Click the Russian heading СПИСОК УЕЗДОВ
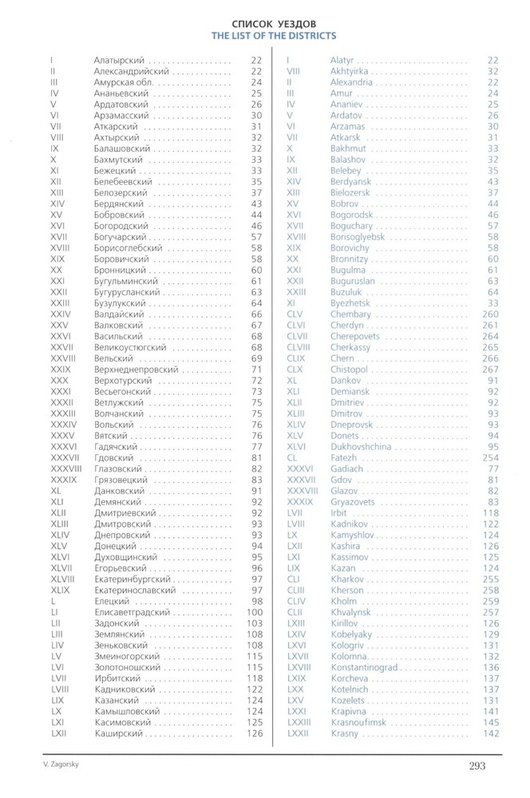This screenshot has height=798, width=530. (x=273, y=24)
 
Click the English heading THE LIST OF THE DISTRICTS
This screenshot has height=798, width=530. (x=273, y=36)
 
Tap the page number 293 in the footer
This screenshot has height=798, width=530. (x=477, y=767)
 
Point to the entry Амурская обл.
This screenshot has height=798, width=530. (x=123, y=82)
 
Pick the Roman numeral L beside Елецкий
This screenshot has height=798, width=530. (x=52, y=600)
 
